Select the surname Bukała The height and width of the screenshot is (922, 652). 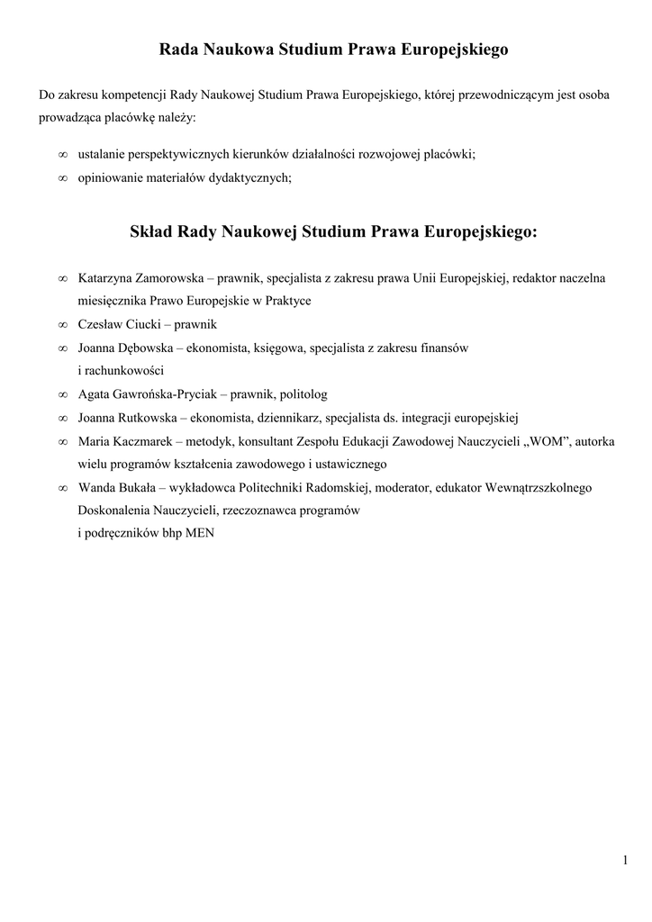pyautogui.click(x=140, y=488)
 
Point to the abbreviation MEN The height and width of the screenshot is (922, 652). pyautogui.click(x=200, y=533)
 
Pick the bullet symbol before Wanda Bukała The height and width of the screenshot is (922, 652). pyautogui.click(x=62, y=488)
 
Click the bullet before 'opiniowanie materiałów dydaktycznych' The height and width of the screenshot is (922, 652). pyautogui.click(x=62, y=177)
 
